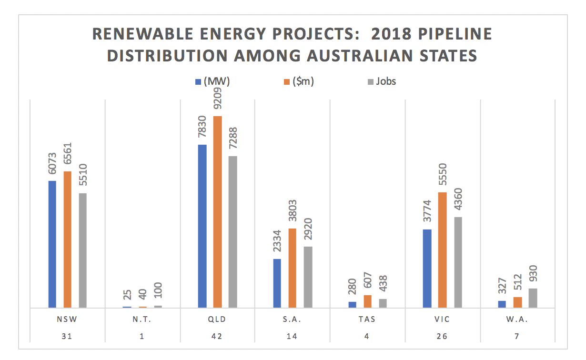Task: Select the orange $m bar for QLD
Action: [x=217, y=212]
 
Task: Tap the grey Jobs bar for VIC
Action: [x=458, y=262]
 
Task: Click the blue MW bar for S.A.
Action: [x=277, y=283]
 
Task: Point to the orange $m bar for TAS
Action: [x=368, y=301]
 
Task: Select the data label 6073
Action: [x=53, y=164]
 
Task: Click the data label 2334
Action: [x=277, y=242]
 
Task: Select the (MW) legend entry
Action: [x=213, y=81]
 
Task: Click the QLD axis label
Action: [x=218, y=320]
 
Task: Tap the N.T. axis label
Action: [x=142, y=320]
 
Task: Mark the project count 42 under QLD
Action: [x=218, y=336]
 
